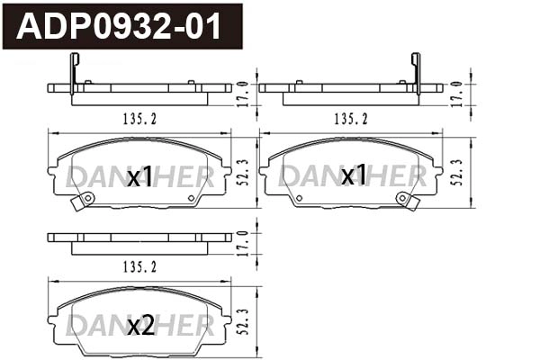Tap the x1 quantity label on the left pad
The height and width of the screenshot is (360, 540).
click(139, 177)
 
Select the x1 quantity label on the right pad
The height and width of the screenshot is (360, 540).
click(354, 175)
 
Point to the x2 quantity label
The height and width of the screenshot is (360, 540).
click(140, 327)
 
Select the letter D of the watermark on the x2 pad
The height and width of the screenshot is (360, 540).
click(77, 325)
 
